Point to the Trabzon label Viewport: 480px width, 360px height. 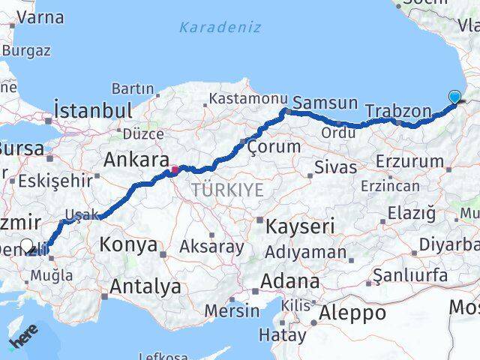coord(398,112)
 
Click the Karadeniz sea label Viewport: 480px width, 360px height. coord(220,28)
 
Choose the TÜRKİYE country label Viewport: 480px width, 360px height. coord(227,190)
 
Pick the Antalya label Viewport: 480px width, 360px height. coord(145,286)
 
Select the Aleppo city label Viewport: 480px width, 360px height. coord(353,313)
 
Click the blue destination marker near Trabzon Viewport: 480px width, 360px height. coord(454,96)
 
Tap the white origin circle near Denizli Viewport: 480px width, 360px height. coord(27,245)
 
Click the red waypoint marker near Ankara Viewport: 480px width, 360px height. coord(174,169)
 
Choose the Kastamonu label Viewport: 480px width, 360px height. coord(248,99)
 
